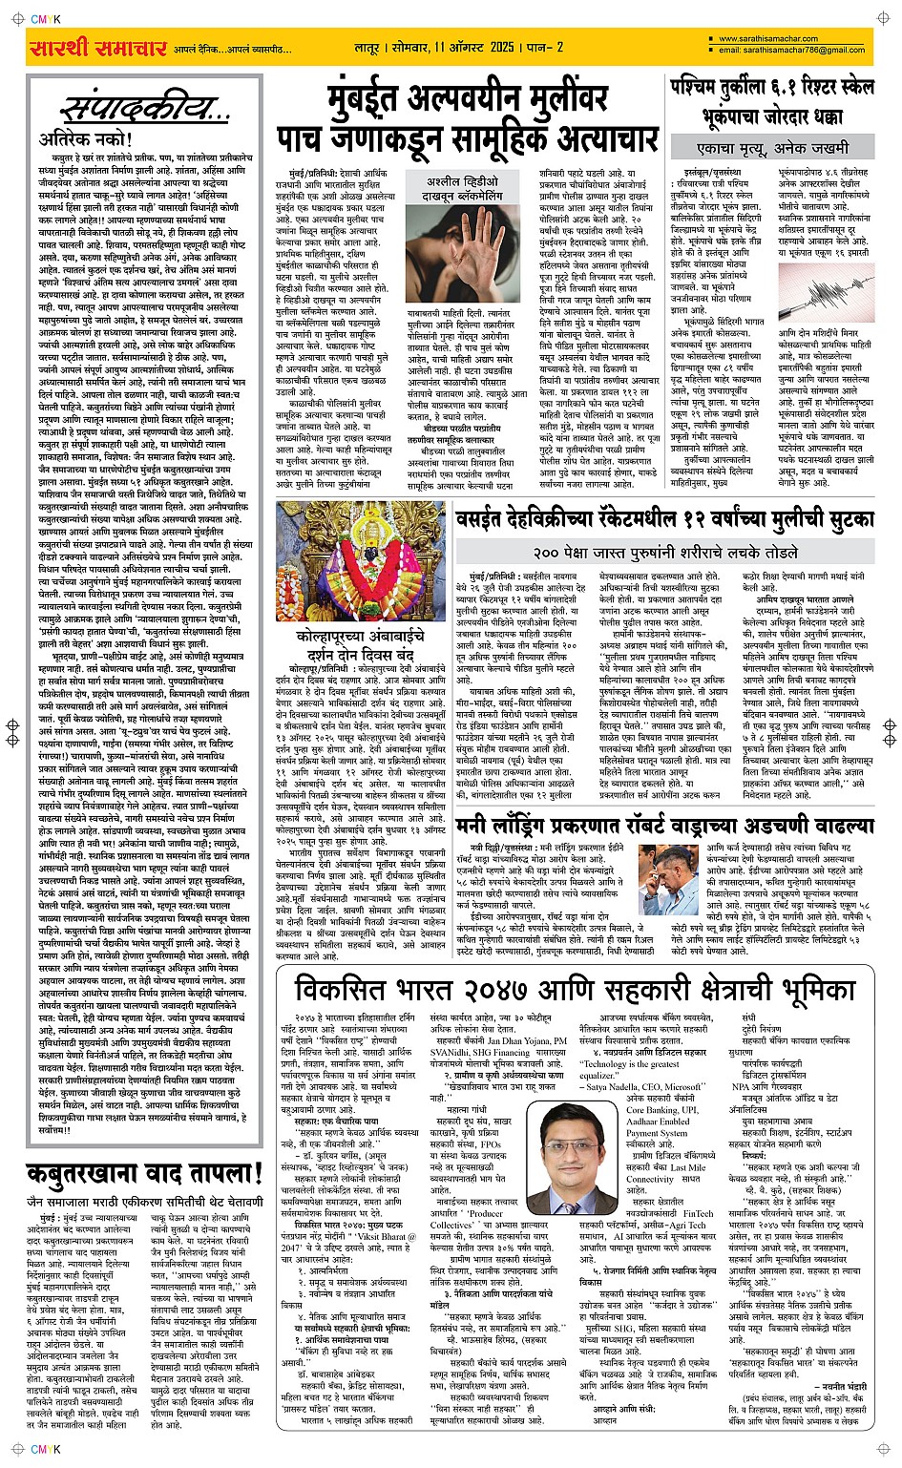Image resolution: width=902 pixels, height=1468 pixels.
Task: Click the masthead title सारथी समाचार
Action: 99,48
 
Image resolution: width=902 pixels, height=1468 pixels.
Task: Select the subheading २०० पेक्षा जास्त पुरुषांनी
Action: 665,553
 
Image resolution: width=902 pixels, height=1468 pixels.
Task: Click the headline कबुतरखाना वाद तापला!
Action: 145,1173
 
